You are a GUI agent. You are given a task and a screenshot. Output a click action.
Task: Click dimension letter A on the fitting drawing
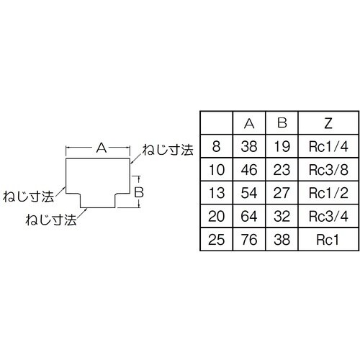point(101,148)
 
